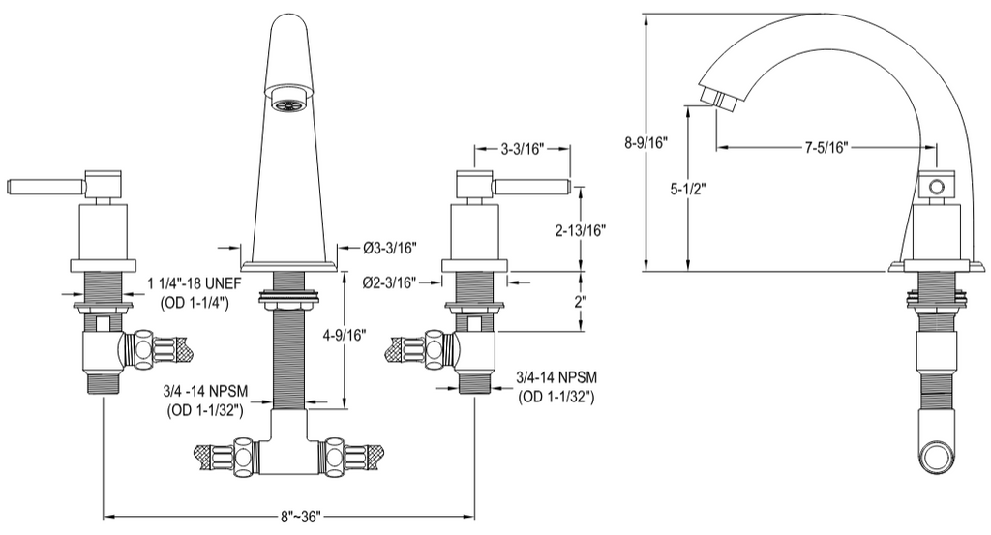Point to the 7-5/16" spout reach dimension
[826, 148]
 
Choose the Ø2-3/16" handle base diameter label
[388, 282]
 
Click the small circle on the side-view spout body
[936, 186]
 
